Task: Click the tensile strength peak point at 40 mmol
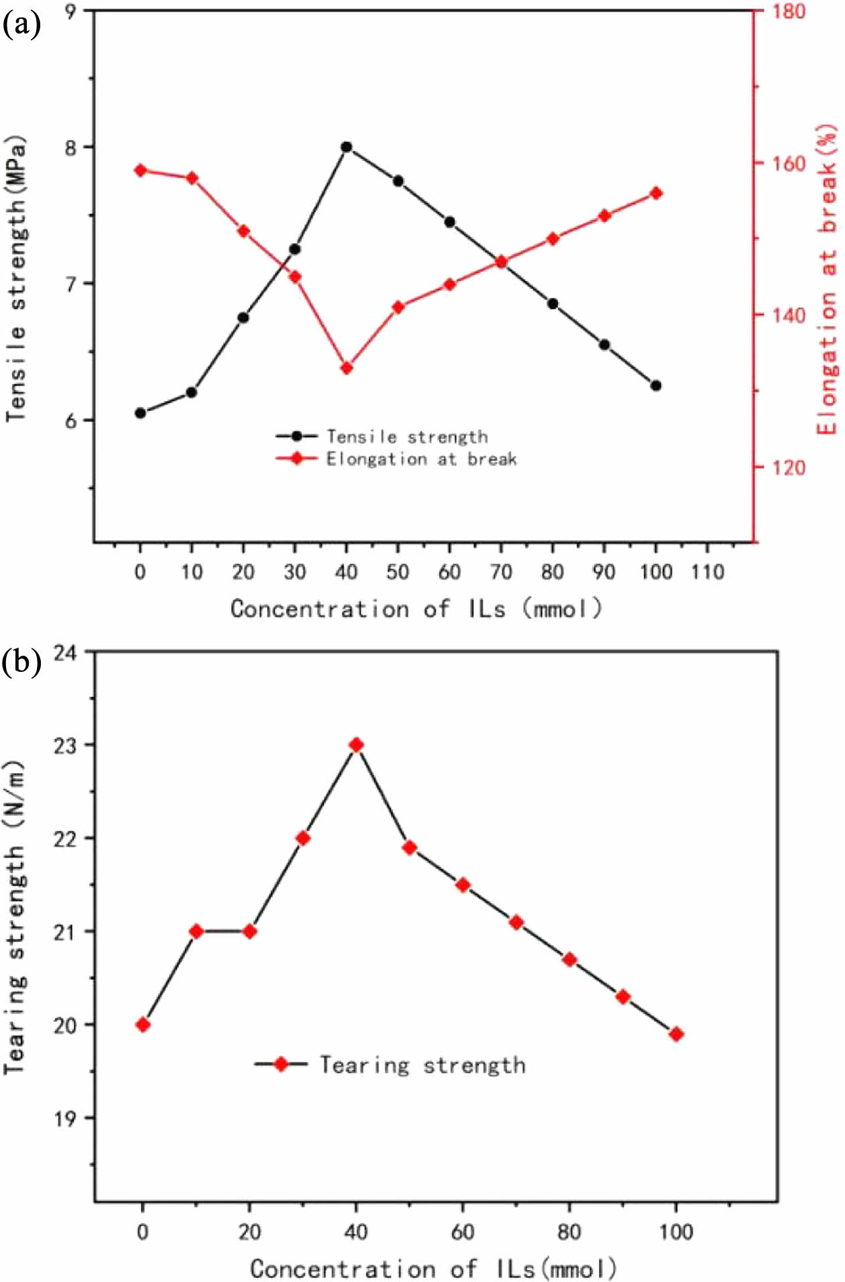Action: tap(346, 147)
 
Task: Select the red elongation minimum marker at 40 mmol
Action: tap(347, 368)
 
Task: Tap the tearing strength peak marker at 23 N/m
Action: tap(357, 745)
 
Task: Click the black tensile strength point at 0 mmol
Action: tap(140, 413)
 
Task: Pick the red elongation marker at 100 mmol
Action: tap(656, 194)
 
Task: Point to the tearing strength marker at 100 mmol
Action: tap(676, 1034)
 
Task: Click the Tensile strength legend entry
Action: tap(406, 436)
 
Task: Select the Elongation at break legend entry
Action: tap(420, 459)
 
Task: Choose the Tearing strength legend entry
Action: tap(422, 1065)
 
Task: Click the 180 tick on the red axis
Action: tap(787, 11)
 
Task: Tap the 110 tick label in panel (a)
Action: tap(708, 572)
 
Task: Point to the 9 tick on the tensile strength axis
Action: tap(70, 11)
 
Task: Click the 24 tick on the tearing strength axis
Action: tap(65, 652)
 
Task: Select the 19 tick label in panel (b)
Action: tap(65, 1118)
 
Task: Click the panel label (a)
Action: tap(21, 25)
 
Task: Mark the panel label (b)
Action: tap(21, 662)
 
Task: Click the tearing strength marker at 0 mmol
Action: tap(143, 1025)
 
